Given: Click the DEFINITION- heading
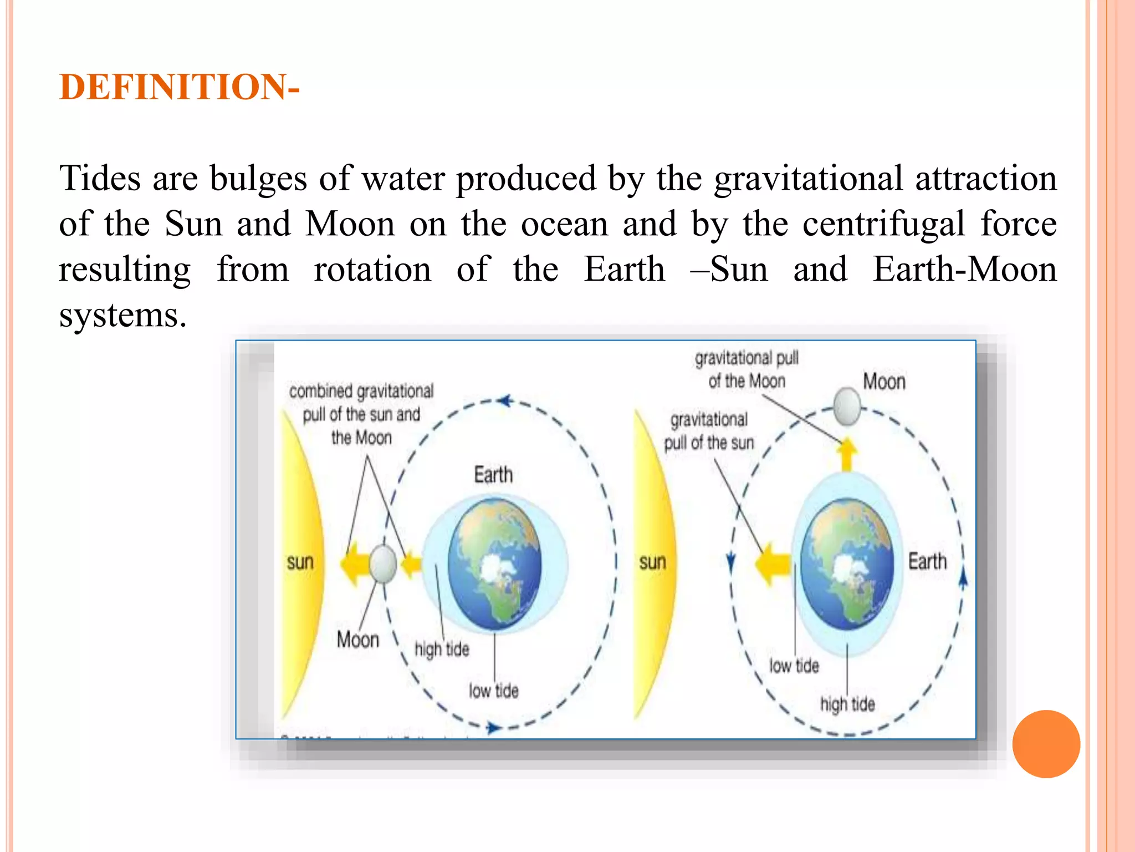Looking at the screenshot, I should [x=179, y=87].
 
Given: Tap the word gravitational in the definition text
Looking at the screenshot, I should [x=808, y=179].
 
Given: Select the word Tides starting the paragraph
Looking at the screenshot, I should [x=100, y=179].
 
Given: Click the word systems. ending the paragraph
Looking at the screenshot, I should [x=122, y=315].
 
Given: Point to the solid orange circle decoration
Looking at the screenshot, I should [x=1046, y=744].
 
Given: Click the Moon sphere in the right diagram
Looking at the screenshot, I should [x=847, y=407].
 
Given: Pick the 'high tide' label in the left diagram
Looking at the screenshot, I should [x=442, y=648].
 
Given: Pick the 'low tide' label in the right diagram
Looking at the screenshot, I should [x=794, y=666].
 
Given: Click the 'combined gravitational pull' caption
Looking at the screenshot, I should [x=361, y=414].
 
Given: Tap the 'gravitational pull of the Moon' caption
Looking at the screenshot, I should [x=747, y=369].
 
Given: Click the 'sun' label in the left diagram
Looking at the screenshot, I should [x=300, y=562].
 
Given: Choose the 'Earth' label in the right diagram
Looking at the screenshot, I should [x=927, y=561].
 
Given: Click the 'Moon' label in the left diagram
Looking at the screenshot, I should [x=358, y=640].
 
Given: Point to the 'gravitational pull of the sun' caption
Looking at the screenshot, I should [x=709, y=431].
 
